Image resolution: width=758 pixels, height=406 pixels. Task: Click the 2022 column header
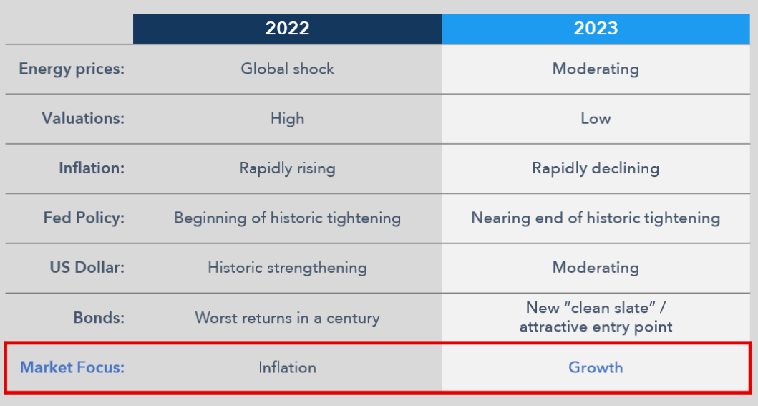[287, 29]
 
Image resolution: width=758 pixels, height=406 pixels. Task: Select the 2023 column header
[596, 29]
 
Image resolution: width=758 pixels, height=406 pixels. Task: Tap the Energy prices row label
[72, 69]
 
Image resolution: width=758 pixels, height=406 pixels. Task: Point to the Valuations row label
[83, 118]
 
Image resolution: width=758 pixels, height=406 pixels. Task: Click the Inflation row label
[92, 168]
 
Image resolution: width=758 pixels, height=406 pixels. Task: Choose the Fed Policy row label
[84, 218]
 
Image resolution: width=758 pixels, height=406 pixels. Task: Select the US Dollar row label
[87, 268]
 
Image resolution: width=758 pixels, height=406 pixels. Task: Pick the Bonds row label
[99, 317]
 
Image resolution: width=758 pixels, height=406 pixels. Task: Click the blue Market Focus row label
[72, 367]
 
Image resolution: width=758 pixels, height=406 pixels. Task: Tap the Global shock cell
[287, 69]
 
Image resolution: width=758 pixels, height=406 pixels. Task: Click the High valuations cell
[287, 119]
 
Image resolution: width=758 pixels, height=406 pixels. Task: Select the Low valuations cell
[596, 118]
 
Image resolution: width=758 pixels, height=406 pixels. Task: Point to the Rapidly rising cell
[287, 169]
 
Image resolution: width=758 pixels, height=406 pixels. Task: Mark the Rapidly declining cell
[596, 169]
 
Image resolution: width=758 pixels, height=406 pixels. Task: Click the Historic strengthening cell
[287, 269]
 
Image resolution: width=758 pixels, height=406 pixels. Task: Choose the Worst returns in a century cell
[287, 318]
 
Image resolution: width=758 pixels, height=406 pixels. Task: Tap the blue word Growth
[596, 367]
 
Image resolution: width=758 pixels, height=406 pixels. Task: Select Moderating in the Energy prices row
[596, 69]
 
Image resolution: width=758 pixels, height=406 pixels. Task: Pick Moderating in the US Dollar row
[596, 269]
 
